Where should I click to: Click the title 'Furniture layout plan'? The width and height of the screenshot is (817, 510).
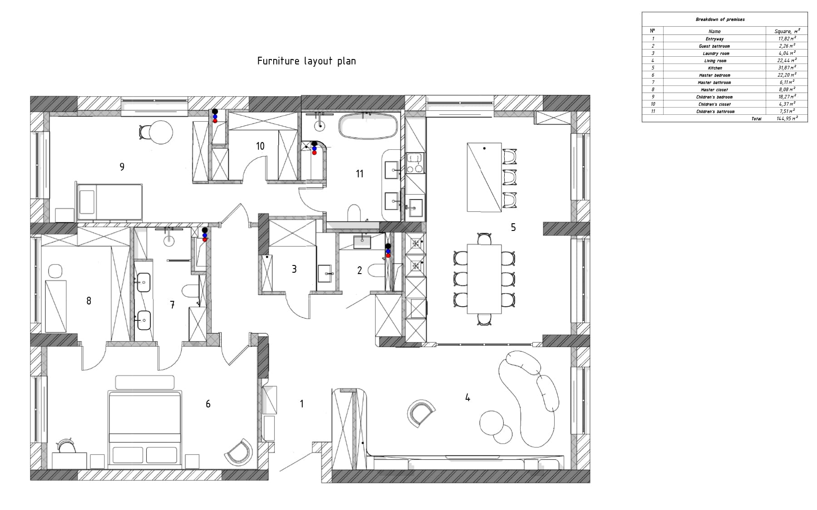click(x=306, y=61)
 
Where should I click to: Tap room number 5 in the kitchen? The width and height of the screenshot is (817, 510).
click(x=513, y=227)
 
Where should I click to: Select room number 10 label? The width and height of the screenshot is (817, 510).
click(x=260, y=146)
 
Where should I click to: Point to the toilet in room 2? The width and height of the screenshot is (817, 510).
click(x=375, y=271)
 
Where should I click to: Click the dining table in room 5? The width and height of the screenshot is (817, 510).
click(x=484, y=279)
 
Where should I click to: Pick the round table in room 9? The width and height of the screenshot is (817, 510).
click(x=161, y=132)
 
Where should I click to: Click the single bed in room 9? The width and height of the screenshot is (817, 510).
click(x=109, y=201)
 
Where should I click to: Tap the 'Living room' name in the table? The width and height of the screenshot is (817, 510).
click(x=715, y=61)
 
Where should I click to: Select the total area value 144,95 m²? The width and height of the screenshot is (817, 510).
click(x=786, y=118)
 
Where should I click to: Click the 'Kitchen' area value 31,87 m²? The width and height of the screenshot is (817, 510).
click(x=786, y=68)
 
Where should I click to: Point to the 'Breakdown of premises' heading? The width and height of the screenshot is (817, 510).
click(x=720, y=20)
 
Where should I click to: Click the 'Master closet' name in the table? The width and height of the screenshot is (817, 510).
click(x=714, y=90)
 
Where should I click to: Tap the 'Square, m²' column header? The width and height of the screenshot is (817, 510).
click(x=787, y=31)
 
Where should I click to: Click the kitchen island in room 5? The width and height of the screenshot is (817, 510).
click(x=484, y=177)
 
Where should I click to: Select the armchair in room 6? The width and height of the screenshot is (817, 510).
click(x=239, y=451)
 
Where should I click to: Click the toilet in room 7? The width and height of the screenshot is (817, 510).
click(x=191, y=290)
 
